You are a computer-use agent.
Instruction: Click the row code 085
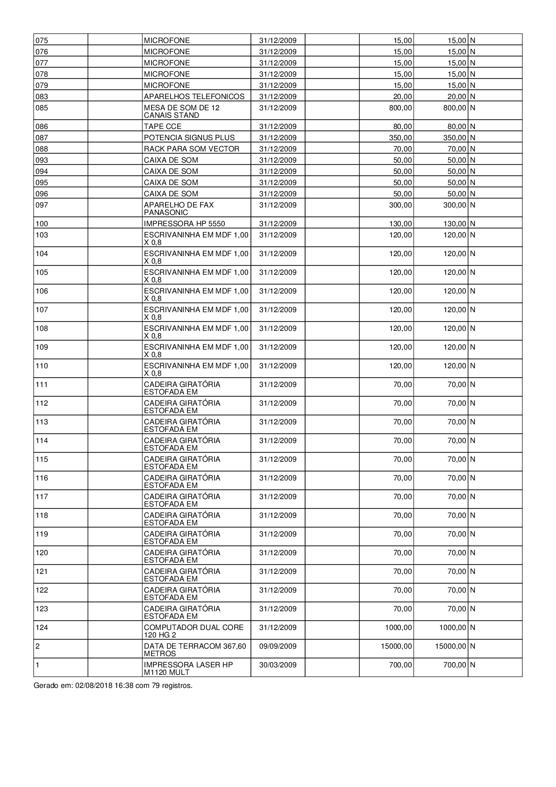pyautogui.click(x=42, y=108)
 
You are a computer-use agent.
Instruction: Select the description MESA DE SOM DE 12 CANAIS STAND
pyautogui.click(x=182, y=111)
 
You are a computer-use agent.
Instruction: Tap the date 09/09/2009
pyautogui.click(x=278, y=646)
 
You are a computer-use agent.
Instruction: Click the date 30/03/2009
pyautogui.click(x=278, y=665)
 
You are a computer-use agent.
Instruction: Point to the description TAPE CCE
pyautogui.click(x=163, y=127)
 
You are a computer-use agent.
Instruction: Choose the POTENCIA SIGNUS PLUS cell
pyautogui.click(x=189, y=138)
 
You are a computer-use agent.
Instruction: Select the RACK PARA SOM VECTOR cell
pyautogui.click(x=192, y=149)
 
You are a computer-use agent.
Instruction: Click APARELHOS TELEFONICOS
pyautogui.click(x=194, y=97)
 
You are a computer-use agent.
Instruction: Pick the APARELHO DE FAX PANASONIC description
pyautogui.click(x=178, y=208)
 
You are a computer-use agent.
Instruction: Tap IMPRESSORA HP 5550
pyautogui.click(x=185, y=224)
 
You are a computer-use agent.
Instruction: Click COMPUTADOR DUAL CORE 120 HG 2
pyautogui.click(x=193, y=631)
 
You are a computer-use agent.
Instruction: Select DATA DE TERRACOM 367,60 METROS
pyautogui.click(x=195, y=650)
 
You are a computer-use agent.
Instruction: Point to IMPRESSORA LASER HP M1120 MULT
pyautogui.click(x=188, y=668)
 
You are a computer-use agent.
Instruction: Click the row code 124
pyautogui.click(x=42, y=628)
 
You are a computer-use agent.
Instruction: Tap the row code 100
pyautogui.click(x=42, y=224)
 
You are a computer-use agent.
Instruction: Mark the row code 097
pyautogui.click(x=42, y=205)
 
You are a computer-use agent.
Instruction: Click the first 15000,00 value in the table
pyautogui.click(x=397, y=646)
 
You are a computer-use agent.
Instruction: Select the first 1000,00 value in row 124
pyautogui.click(x=399, y=628)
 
